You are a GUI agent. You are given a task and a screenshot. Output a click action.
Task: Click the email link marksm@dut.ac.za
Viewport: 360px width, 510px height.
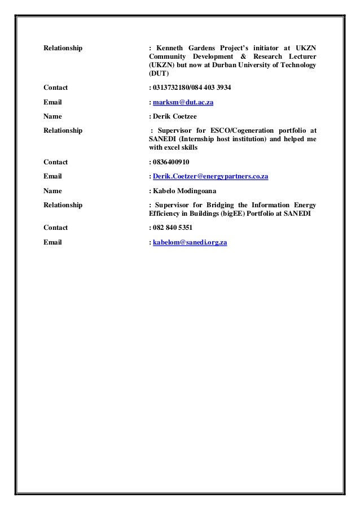click(x=183, y=103)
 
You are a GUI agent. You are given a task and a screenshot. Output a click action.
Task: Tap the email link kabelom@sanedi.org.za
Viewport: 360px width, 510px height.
click(x=190, y=242)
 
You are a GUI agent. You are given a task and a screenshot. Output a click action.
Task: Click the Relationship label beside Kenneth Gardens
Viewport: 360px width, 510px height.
click(x=63, y=47)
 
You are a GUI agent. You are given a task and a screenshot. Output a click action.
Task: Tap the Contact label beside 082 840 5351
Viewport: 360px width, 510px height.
click(x=56, y=228)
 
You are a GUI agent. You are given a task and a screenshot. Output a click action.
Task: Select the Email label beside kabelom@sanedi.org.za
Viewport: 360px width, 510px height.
click(x=53, y=242)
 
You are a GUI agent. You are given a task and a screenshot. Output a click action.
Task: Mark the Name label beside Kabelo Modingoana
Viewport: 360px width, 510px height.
click(x=53, y=191)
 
